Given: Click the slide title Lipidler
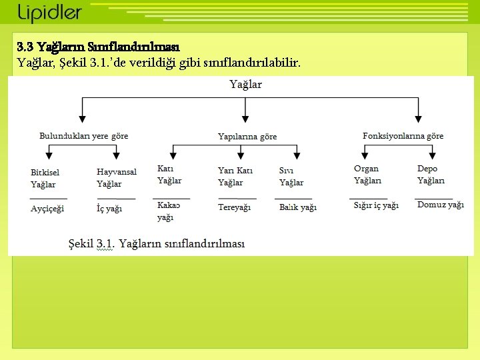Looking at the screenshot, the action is [50, 13].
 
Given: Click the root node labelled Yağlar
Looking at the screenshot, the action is [245, 85].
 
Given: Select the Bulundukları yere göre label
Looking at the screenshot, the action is [84, 136].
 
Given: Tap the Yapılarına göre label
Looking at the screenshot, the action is [247, 137].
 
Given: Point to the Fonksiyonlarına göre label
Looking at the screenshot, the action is [403, 136].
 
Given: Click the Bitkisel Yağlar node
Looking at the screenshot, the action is [45, 178].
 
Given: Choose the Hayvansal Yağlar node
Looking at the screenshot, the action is [116, 177].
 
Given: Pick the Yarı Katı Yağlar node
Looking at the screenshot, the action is [235, 177].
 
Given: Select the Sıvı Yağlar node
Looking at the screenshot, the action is [291, 177].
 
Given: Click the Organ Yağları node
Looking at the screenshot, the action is [367, 175].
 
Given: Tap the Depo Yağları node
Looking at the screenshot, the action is [431, 175].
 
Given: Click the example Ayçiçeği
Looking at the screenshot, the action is [47, 209].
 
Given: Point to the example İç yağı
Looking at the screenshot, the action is [109, 209].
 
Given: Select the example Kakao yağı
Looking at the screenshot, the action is [168, 211].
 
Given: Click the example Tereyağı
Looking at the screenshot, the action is [234, 207].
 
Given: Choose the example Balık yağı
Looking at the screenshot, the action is [298, 207].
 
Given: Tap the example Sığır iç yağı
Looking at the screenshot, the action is [376, 205].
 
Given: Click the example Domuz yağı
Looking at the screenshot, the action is [440, 205].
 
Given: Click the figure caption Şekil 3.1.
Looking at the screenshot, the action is [157, 244].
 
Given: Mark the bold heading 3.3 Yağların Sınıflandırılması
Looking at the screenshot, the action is [99, 47].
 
